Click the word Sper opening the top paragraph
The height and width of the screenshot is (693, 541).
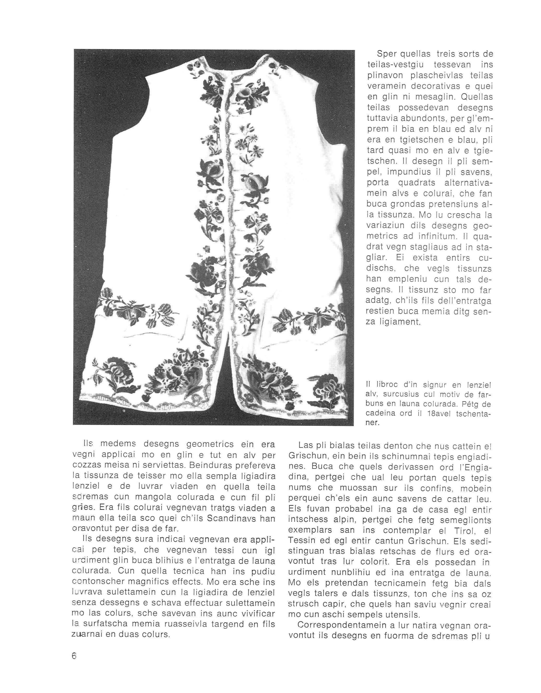pyautogui.click(x=384, y=54)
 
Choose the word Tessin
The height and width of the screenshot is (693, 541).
pyautogui.click(x=302, y=541)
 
